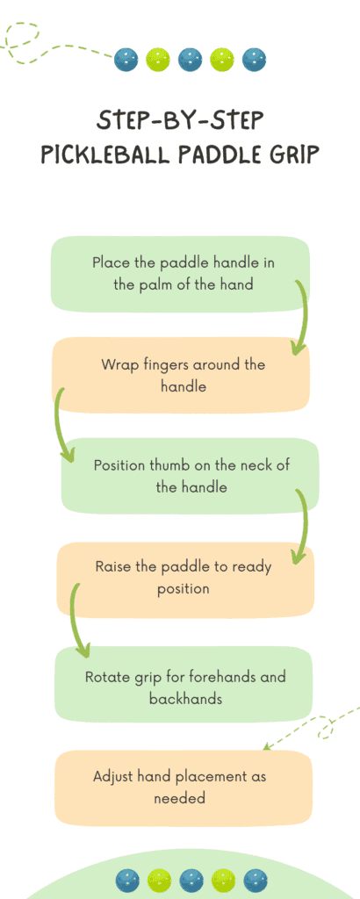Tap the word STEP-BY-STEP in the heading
click(x=180, y=120)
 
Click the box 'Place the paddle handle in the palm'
click(x=180, y=273)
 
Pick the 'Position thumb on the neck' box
click(x=190, y=475)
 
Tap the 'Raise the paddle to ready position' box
click(x=184, y=578)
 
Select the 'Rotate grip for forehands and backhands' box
click(x=184, y=687)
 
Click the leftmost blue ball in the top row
click(x=127, y=60)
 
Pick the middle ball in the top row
click(x=191, y=60)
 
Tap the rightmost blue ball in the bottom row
click(x=256, y=880)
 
